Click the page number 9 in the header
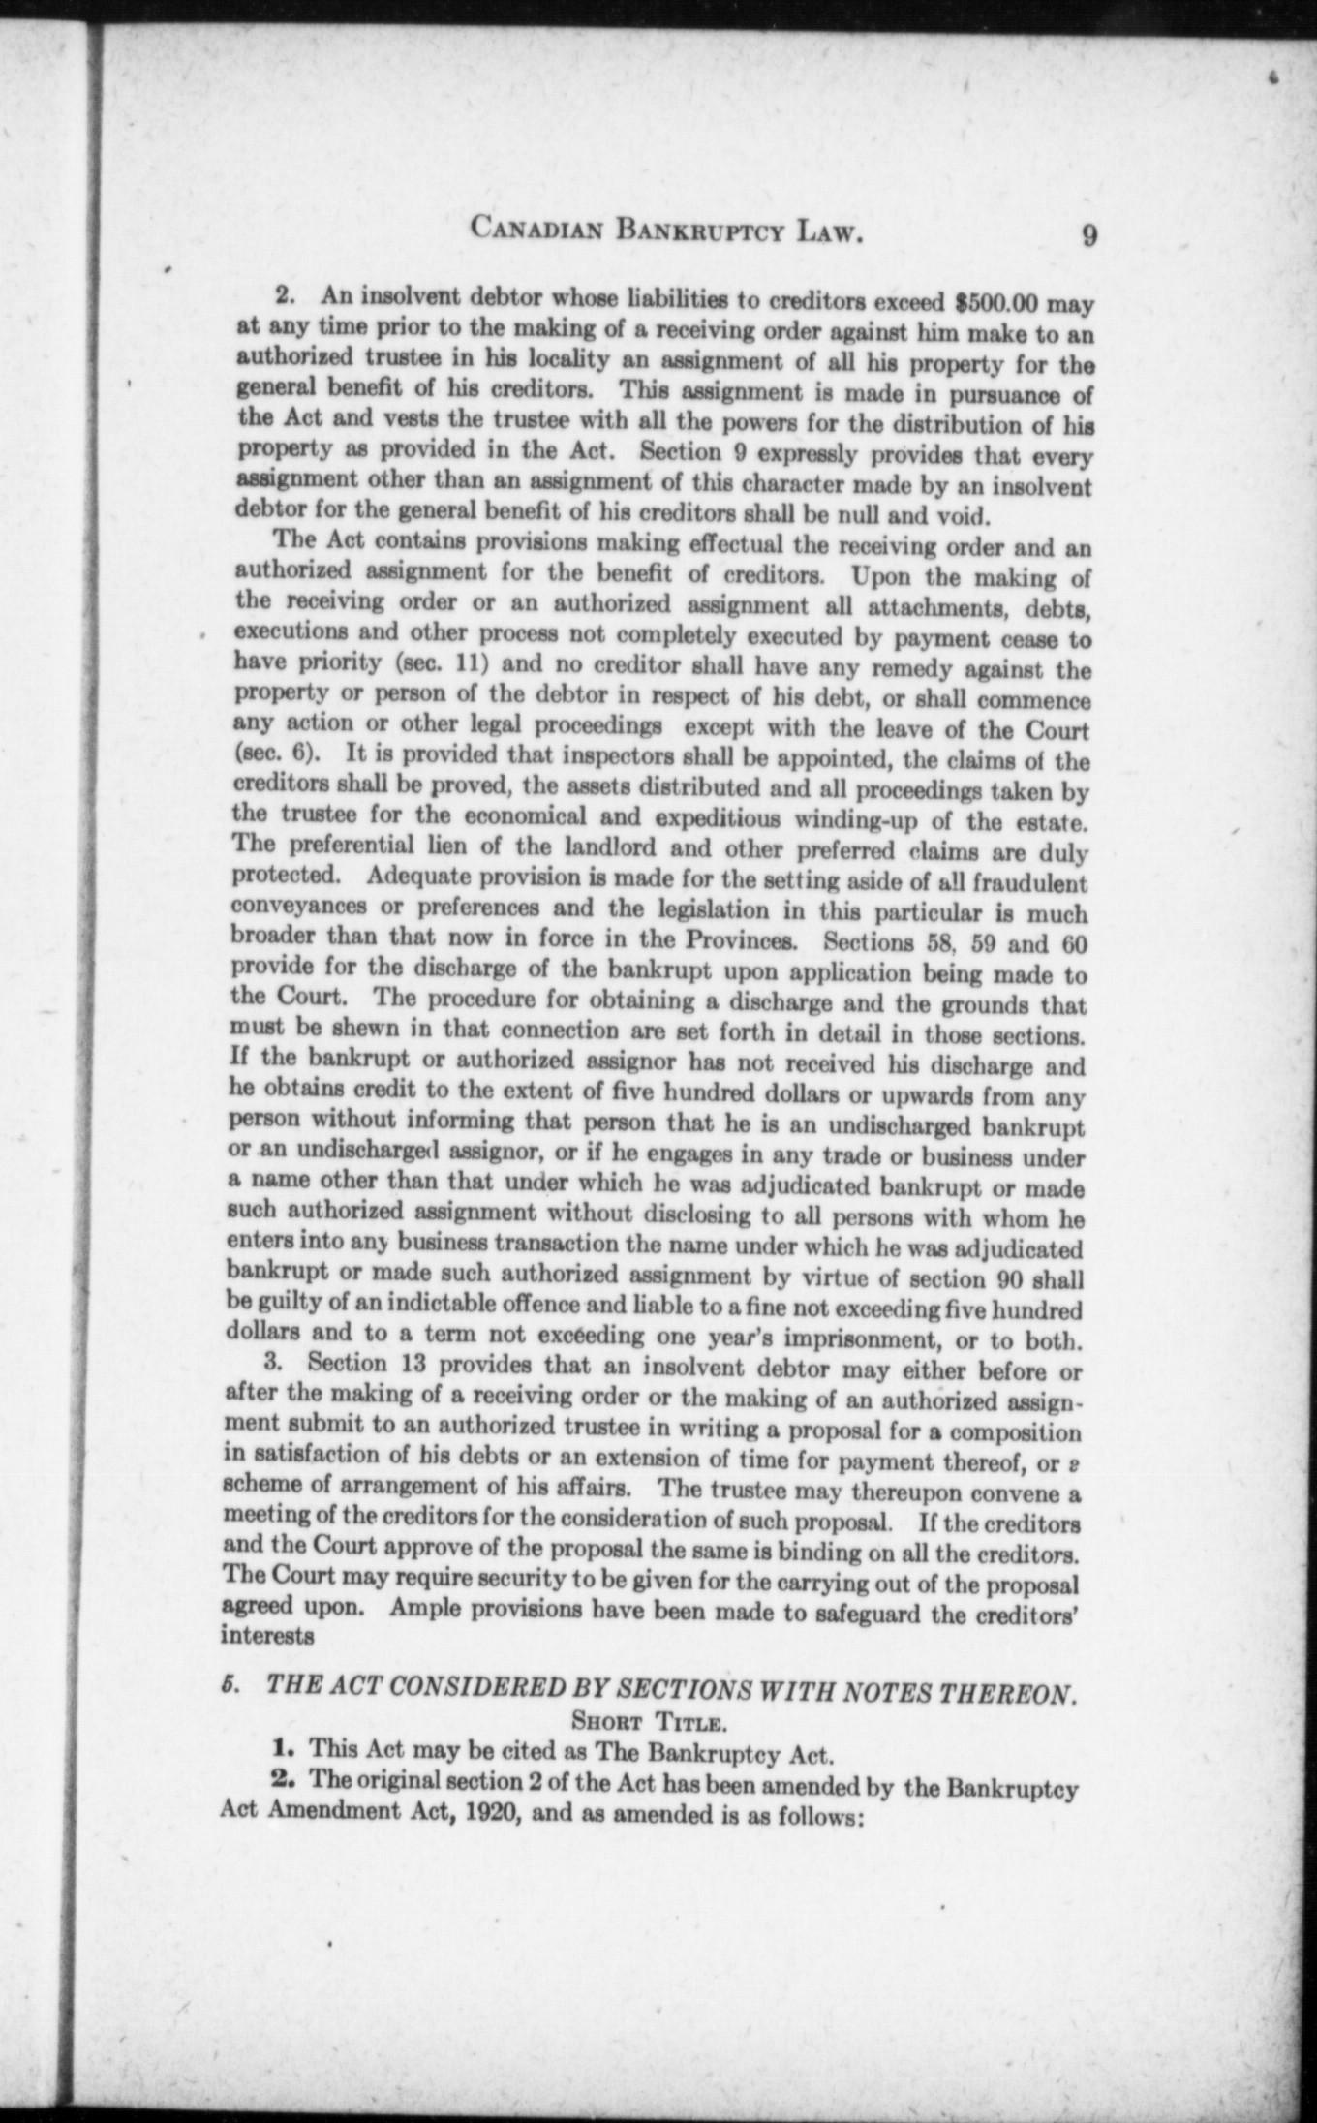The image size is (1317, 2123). (1089, 236)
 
